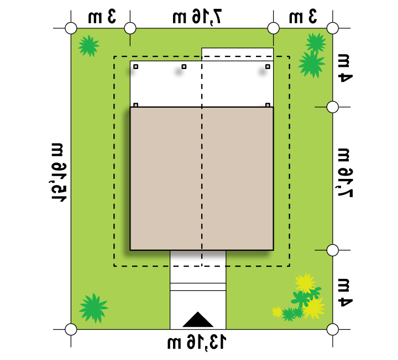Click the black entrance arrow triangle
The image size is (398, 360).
[198, 320]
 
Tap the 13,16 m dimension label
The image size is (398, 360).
[196, 342]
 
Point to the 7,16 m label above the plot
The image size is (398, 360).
[197, 17]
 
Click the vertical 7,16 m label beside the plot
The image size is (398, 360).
[345, 172]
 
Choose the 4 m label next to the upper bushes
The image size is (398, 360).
[345, 68]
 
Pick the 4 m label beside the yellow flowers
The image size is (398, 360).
[345, 293]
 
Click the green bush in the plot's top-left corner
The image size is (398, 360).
[88, 46]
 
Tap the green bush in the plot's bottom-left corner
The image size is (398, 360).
[93, 308]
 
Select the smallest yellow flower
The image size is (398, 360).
[277, 312]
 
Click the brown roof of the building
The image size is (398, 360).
[202, 178]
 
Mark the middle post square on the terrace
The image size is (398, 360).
[184, 67]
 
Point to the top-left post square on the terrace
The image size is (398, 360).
[136, 67]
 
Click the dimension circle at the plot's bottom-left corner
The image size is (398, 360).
[71, 329]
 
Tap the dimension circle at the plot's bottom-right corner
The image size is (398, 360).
[333, 329]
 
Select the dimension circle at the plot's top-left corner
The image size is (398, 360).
[71, 28]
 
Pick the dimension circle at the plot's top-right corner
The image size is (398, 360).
[333, 28]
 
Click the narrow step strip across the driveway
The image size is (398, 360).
[198, 287]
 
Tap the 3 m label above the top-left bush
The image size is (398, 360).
[102, 17]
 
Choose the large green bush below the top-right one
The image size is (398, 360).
[311, 65]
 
